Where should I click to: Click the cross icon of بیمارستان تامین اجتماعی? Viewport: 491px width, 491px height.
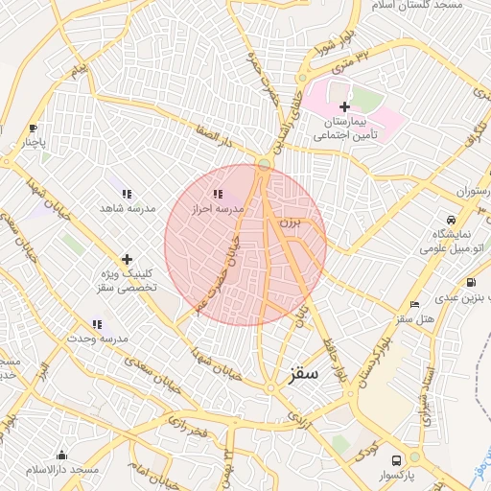point(344,106)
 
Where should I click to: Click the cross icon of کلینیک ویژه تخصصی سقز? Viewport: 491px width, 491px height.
point(127,259)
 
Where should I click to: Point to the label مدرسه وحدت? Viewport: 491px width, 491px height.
point(97,339)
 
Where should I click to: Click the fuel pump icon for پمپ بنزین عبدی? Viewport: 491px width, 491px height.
point(470,282)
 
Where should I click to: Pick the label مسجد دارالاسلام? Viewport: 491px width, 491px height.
point(63,469)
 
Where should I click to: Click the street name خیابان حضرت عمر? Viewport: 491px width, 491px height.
point(217,273)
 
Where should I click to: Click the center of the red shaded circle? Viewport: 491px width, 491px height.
point(245,245)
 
